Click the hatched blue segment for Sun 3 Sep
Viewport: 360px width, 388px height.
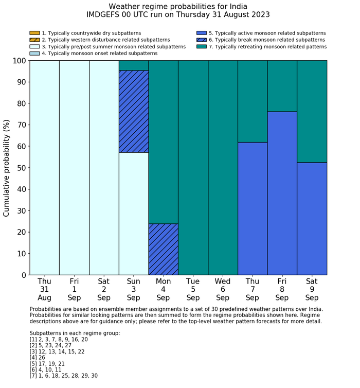134,111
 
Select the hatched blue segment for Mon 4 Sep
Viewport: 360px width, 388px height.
164,249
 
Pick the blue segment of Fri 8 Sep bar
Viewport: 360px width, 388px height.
282,193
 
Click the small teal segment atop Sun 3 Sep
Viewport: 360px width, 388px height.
134,65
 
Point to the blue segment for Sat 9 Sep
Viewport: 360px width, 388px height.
312,219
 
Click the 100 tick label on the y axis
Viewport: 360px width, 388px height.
19,61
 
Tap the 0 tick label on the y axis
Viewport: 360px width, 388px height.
23,275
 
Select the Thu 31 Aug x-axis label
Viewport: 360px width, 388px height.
44,289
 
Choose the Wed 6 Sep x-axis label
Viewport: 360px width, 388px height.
223,289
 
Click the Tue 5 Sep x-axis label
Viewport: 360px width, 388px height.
193,289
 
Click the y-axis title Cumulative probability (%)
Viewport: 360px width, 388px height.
7,168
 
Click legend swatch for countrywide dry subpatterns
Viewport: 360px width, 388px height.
34,33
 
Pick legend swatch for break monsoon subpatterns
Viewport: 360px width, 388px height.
201,40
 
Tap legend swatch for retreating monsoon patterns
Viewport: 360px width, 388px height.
201,47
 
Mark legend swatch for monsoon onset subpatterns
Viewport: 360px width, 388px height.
34,54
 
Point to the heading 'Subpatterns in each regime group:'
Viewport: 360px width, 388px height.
75,333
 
